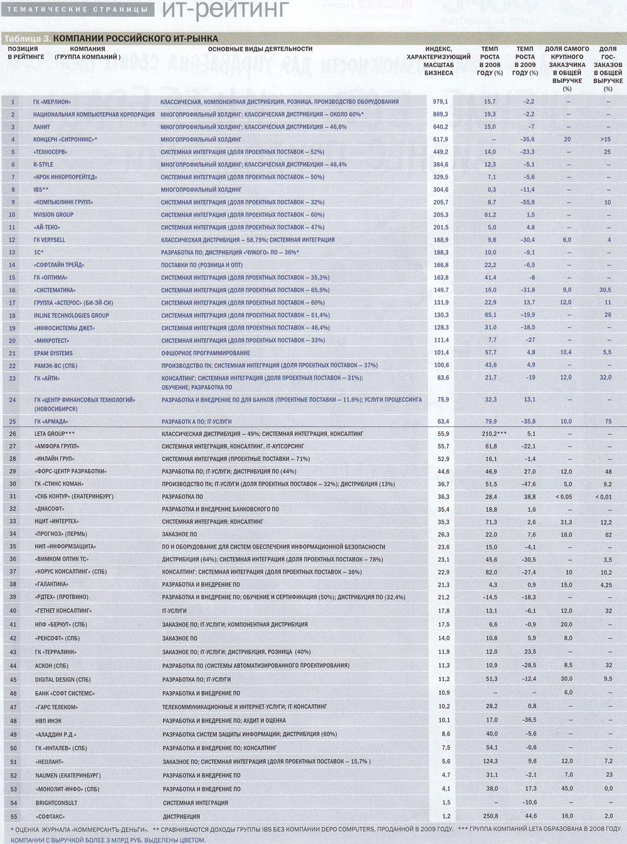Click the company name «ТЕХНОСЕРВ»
tap(51, 152)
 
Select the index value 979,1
tap(440, 102)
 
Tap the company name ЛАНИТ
tap(41, 127)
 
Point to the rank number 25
tap(13, 421)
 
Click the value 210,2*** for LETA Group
tap(490, 434)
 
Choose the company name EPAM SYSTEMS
tap(53, 353)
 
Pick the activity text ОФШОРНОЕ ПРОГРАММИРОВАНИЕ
tap(205, 353)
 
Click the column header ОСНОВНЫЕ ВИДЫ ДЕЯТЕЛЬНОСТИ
tap(260, 49)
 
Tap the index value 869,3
tap(440, 114)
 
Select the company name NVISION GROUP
tap(53, 214)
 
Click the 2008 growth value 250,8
tap(491, 816)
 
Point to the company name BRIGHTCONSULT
tap(56, 803)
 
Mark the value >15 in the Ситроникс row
tap(605, 139)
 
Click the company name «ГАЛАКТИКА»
tap(52, 584)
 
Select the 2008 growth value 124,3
tap(491, 761)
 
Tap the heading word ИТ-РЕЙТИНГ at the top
tap(225, 9)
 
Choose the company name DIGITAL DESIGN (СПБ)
tap(63, 679)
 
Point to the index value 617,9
tap(440, 139)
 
